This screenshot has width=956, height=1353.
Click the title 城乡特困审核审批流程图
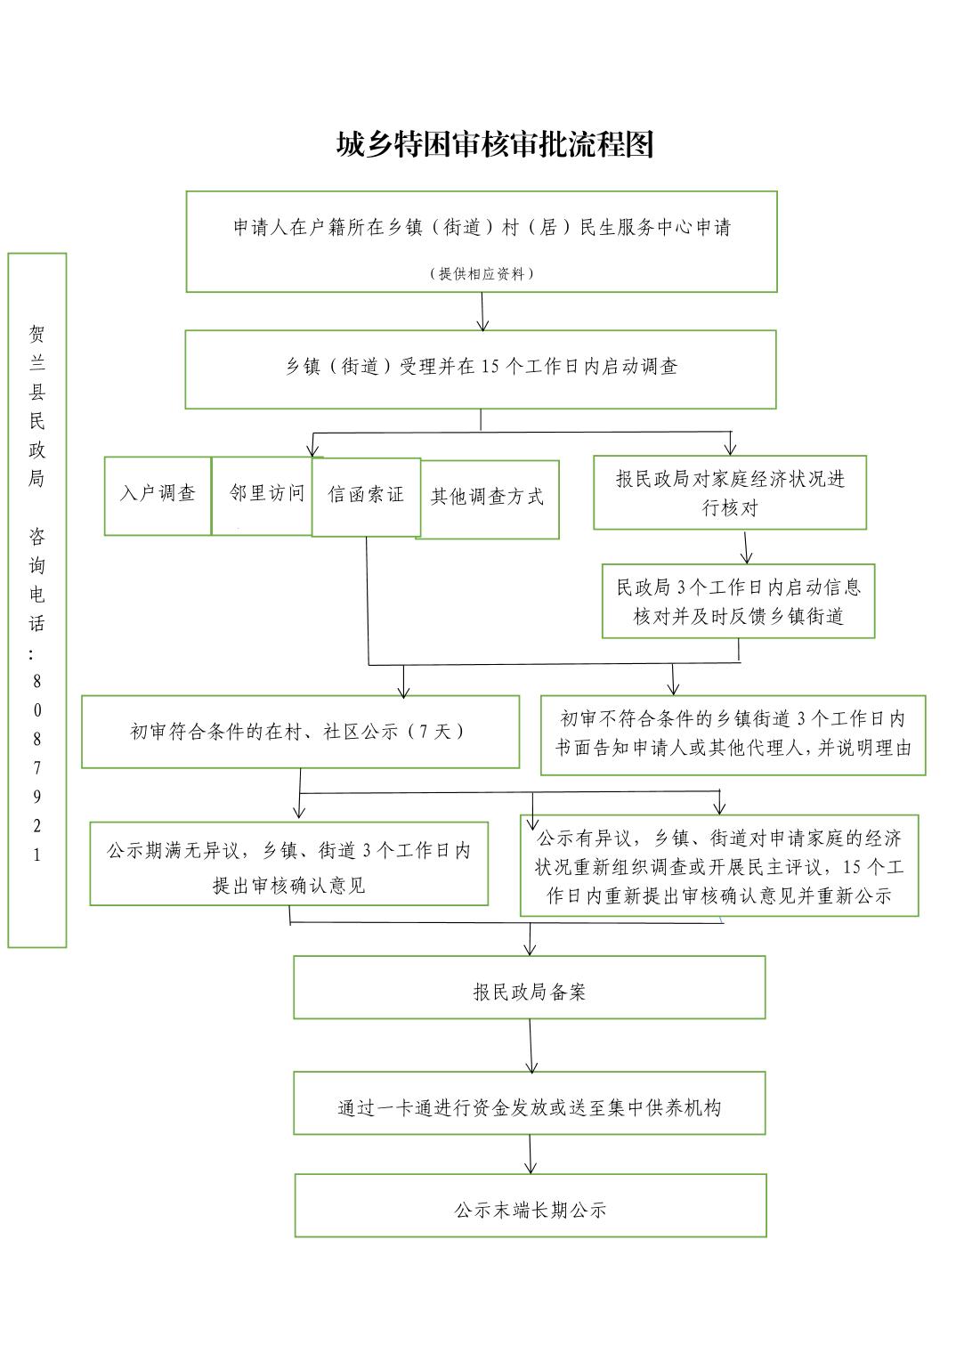coord(495,144)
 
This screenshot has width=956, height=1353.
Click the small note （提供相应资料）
coord(482,273)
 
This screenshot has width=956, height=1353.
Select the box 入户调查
coord(158,496)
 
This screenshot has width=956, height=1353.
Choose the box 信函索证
coord(366,497)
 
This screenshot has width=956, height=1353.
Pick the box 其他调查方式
coord(490,499)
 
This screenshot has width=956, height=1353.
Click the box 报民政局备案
coord(530,987)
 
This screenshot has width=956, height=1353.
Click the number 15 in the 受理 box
coord(490,367)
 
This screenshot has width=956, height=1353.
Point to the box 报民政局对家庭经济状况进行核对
coord(730,493)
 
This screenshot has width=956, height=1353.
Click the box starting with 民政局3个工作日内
coord(739,601)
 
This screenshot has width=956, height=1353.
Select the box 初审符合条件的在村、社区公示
coord(301,732)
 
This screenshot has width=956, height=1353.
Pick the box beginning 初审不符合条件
coord(733,735)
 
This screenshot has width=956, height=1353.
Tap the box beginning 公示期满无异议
coord(289,863)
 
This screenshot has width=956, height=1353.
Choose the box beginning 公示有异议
coord(720,865)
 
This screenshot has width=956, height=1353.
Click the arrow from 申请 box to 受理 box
coord(482,312)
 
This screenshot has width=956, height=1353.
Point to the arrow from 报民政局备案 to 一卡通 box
coord(531,1046)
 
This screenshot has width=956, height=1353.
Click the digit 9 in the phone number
coord(36,797)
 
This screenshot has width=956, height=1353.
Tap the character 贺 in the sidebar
coord(36,334)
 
